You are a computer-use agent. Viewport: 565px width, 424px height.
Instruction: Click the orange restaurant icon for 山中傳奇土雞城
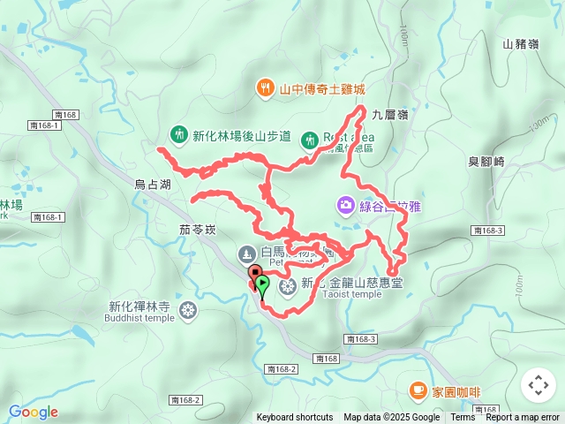265,87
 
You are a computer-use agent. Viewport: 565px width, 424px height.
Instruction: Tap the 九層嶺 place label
389,114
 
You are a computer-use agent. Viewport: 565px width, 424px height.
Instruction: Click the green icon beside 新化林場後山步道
178,135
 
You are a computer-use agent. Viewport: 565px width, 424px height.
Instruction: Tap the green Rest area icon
309,139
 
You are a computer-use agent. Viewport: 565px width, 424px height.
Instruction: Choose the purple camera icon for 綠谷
346,205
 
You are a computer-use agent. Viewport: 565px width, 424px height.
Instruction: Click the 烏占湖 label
152,185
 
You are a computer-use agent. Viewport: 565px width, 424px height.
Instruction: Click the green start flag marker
263,284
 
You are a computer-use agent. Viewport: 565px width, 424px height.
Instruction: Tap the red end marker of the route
254,273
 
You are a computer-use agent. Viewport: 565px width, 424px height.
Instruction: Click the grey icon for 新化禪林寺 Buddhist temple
187,310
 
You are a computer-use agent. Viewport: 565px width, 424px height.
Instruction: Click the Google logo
33,412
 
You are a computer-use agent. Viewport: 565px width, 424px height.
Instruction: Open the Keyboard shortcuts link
295,418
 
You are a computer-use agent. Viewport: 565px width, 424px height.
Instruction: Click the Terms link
463,418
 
